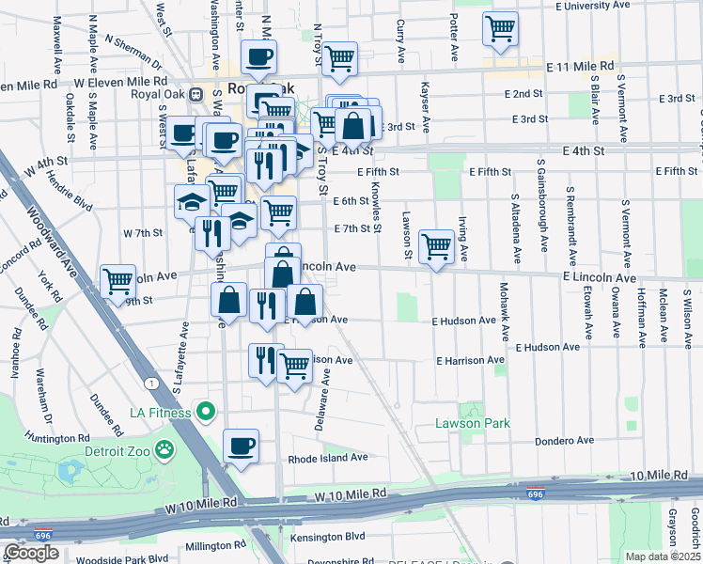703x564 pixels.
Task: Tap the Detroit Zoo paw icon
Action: [x=166, y=449]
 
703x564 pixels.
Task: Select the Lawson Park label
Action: [x=472, y=423]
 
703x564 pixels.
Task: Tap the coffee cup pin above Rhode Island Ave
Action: [x=242, y=446]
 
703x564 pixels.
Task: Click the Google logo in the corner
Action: [x=31, y=553]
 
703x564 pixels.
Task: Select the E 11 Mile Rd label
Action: [x=580, y=68]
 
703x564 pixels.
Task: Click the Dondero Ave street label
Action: [x=565, y=440]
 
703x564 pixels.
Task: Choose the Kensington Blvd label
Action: [x=328, y=536]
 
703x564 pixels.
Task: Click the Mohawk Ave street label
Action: [x=505, y=311]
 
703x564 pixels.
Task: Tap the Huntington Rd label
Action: [x=55, y=437]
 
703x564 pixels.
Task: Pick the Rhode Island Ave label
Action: [x=327, y=458]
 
